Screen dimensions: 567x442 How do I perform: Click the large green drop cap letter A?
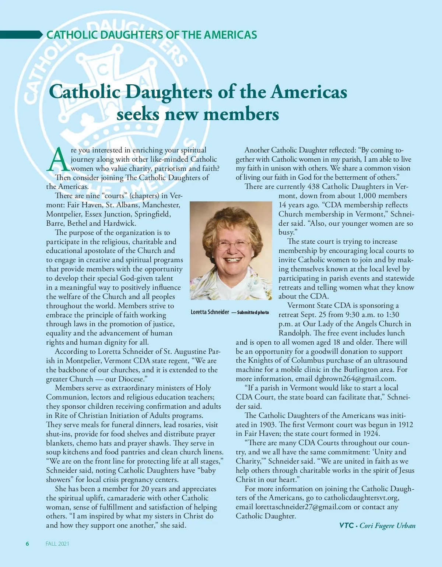(x=58, y=160)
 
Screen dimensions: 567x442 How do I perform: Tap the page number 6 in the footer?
(x=27, y=544)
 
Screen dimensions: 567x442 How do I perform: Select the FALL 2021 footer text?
(x=57, y=544)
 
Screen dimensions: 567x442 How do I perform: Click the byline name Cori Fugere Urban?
(x=387, y=525)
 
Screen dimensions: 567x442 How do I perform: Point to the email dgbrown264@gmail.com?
(x=355, y=378)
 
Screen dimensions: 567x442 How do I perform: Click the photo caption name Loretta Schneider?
(x=210, y=312)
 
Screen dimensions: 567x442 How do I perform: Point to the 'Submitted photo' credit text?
(x=253, y=313)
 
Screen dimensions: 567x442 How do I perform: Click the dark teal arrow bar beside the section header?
(x=21, y=35)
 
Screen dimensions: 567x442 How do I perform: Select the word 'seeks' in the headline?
(x=138, y=114)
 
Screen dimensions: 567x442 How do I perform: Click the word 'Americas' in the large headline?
(x=309, y=92)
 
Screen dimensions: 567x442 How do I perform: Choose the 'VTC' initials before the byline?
(x=346, y=525)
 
